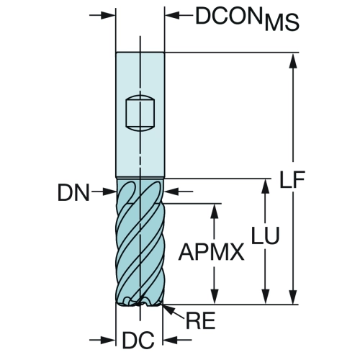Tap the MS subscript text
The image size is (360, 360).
click(282, 23)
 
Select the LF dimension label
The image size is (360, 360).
click(292, 179)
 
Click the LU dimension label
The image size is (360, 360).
click(266, 235)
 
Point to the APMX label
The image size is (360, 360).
click(211, 252)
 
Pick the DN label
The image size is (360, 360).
click(73, 192)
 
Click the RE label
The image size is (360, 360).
click(200, 320)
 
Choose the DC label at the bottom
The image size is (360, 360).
click(138, 340)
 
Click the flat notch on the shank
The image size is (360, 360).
click(140, 113)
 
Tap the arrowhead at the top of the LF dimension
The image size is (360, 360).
click(294, 61)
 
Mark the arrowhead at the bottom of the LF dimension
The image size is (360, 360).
click(294, 296)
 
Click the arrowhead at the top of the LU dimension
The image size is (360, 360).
click(266, 186)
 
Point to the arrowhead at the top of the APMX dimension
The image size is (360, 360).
click(215, 211)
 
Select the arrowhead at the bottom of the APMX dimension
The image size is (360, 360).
click(215, 296)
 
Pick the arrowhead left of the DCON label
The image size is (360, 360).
click(173, 15)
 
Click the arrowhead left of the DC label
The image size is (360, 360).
click(108, 340)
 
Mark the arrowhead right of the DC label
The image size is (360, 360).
click(171, 340)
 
